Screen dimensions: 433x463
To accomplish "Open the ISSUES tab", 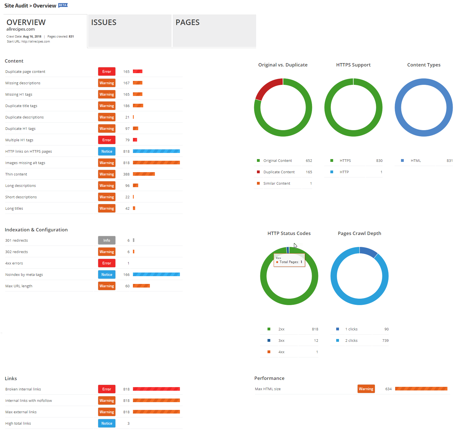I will pos(130,31).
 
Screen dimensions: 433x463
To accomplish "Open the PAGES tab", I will pos(214,31).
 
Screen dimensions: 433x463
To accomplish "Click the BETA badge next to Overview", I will pos(63,5).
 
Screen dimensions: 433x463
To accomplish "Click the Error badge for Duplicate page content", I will pos(107,71).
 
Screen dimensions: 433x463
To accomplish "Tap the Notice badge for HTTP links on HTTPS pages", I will pos(107,151).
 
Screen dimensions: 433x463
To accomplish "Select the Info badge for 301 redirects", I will pos(107,240).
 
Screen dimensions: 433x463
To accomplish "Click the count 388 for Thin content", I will pos(126,174).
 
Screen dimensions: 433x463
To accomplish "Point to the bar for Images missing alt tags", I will pos(156,163).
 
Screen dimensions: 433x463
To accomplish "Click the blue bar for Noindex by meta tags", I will pos(156,274).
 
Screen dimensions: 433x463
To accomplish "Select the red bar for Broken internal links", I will pos(156,389).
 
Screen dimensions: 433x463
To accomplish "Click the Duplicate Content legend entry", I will pos(279,172).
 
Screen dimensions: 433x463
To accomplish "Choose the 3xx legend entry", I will pos(281,341).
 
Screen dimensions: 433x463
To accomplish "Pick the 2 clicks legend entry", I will pos(351,341).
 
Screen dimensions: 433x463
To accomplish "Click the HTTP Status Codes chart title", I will pos(289,233).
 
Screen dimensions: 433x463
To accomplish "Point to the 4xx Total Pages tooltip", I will pos(289,260).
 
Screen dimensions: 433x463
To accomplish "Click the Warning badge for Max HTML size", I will pos(366,389).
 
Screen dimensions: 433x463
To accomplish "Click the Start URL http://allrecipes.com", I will pos(36,42).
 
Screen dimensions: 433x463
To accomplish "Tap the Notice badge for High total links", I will pos(107,423).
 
